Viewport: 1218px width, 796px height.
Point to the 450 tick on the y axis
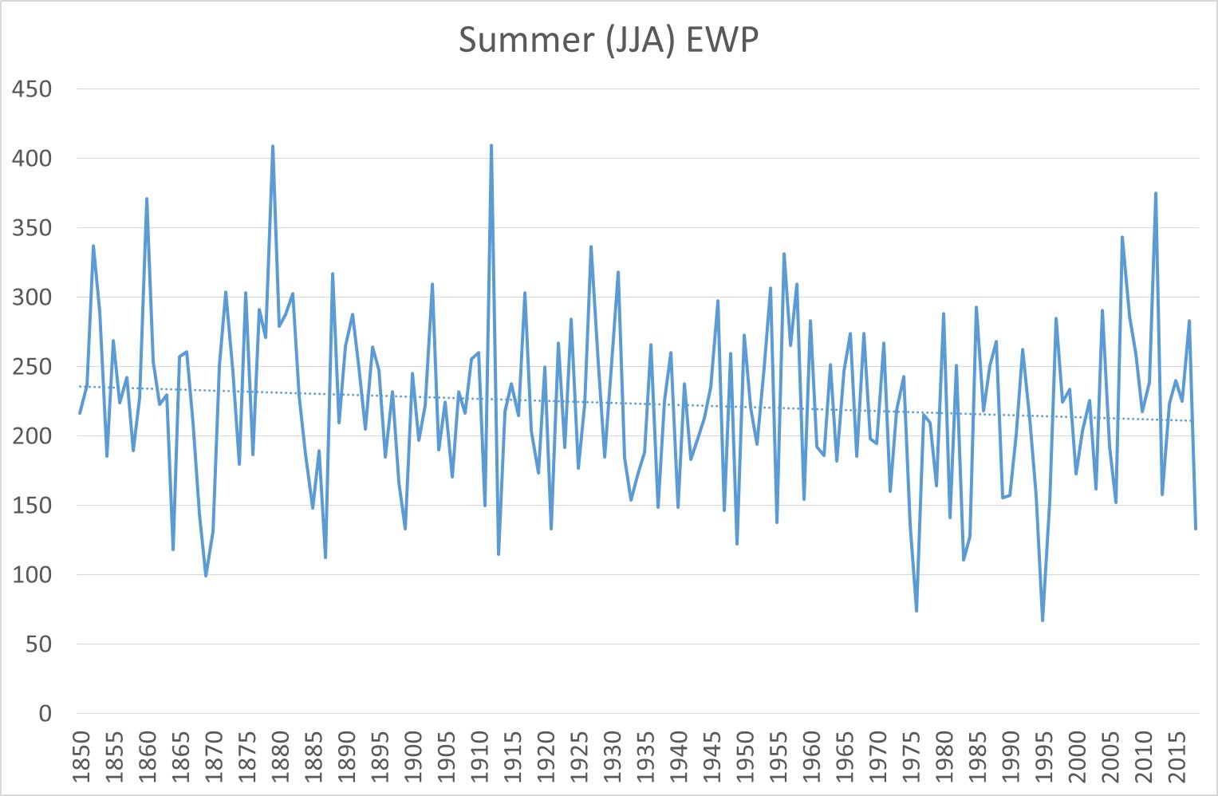coord(32,89)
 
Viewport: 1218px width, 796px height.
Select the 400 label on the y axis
coord(32,159)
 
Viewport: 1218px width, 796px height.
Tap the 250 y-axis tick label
coord(32,367)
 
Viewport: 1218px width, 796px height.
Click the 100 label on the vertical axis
coord(32,575)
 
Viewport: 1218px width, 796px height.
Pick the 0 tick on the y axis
coord(45,714)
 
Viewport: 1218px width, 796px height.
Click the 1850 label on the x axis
coord(81,755)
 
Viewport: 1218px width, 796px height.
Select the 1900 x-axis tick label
coord(413,755)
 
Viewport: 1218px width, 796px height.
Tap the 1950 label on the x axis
coord(745,755)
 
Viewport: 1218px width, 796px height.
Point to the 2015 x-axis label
coord(1177,755)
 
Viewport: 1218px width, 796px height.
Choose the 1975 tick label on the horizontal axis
coord(911,755)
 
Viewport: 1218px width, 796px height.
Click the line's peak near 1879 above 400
coord(273,147)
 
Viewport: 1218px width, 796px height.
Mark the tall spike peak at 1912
coord(491,146)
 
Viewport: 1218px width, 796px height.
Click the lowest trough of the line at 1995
coord(1043,620)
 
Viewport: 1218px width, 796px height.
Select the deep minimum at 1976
coord(916,611)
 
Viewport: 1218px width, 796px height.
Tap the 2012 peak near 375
coord(1156,193)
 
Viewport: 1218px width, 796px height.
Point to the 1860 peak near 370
coord(147,199)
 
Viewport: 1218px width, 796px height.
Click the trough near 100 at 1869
coord(206,575)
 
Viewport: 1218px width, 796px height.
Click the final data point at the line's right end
coord(1196,529)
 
